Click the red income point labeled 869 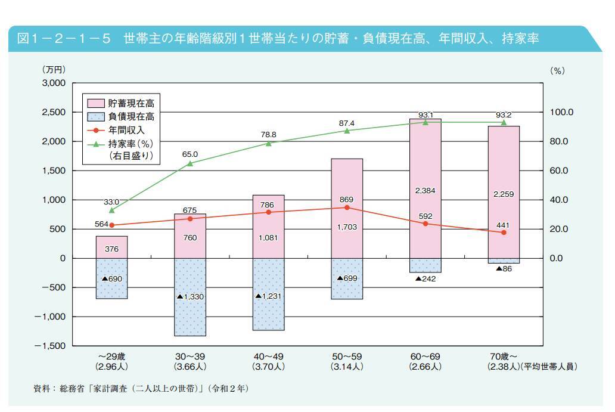click(347, 207)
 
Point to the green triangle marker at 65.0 click(190, 163)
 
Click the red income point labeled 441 click(504, 233)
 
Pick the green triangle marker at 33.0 click(111, 210)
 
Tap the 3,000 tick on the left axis click(54, 83)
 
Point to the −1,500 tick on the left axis click(51, 346)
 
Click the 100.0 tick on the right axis click(561, 112)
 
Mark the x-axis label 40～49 click(268, 356)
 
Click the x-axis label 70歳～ click(503, 356)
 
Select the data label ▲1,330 click(190, 296)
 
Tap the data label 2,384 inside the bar click(425, 191)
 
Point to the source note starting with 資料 click(141, 389)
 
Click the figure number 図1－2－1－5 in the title click(66, 39)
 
